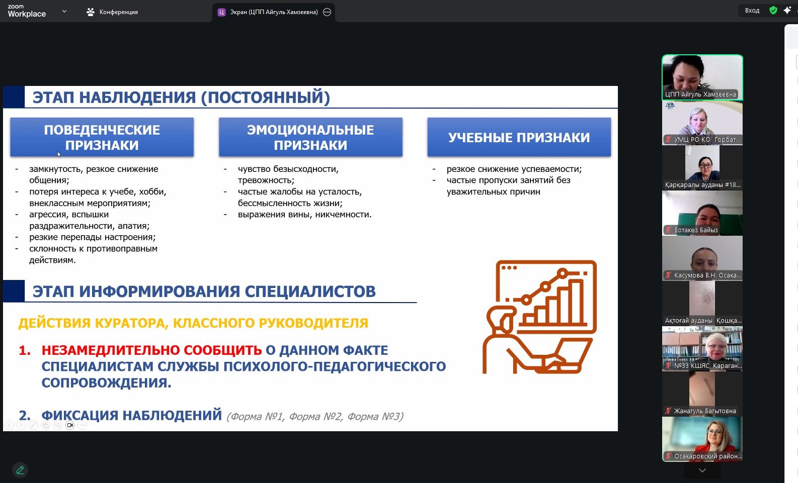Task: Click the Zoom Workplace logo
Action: click(27, 12)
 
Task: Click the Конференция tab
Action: click(112, 12)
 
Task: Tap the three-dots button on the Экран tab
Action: click(327, 12)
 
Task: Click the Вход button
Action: click(752, 11)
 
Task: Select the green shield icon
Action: click(773, 11)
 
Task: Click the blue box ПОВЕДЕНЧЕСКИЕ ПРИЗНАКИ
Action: click(102, 137)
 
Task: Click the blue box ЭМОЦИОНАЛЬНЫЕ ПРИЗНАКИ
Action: click(310, 137)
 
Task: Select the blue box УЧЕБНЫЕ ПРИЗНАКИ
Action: click(519, 137)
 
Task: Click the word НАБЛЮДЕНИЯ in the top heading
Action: click(137, 98)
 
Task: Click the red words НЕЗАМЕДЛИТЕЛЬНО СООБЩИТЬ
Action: click(152, 350)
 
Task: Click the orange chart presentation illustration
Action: click(540, 317)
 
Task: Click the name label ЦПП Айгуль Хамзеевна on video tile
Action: click(700, 94)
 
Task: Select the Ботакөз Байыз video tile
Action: click(702, 213)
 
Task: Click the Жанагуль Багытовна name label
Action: click(704, 411)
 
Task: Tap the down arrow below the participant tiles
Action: click(702, 470)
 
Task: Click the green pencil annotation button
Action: click(20, 470)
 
